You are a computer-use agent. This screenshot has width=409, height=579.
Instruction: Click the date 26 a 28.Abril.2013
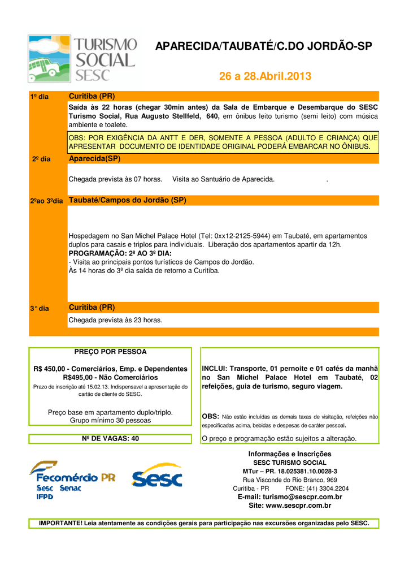coord(264,76)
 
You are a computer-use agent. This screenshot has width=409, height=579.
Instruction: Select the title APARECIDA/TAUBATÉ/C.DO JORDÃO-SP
coord(264,46)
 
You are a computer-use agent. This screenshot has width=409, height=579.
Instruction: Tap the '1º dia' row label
coord(39,97)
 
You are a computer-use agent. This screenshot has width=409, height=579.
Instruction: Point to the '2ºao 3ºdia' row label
coord(46,201)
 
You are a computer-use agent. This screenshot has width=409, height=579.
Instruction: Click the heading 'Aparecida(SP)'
coord(94,158)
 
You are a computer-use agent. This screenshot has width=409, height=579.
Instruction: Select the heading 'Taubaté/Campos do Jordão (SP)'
coord(127,200)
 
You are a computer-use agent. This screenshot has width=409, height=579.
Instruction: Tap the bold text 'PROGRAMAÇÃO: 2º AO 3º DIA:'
coord(120,253)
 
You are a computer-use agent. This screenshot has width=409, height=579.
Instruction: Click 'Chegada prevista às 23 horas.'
coord(115,320)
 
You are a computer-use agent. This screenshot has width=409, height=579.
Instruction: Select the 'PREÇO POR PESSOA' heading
coord(110,352)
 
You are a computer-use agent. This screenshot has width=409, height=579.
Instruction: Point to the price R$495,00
coord(80,377)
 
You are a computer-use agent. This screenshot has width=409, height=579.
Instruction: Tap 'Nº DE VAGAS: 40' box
coord(110,438)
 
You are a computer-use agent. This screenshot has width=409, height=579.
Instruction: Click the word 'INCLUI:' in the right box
coord(215,369)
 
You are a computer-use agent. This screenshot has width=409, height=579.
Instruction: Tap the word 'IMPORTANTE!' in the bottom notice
coord(60,524)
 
